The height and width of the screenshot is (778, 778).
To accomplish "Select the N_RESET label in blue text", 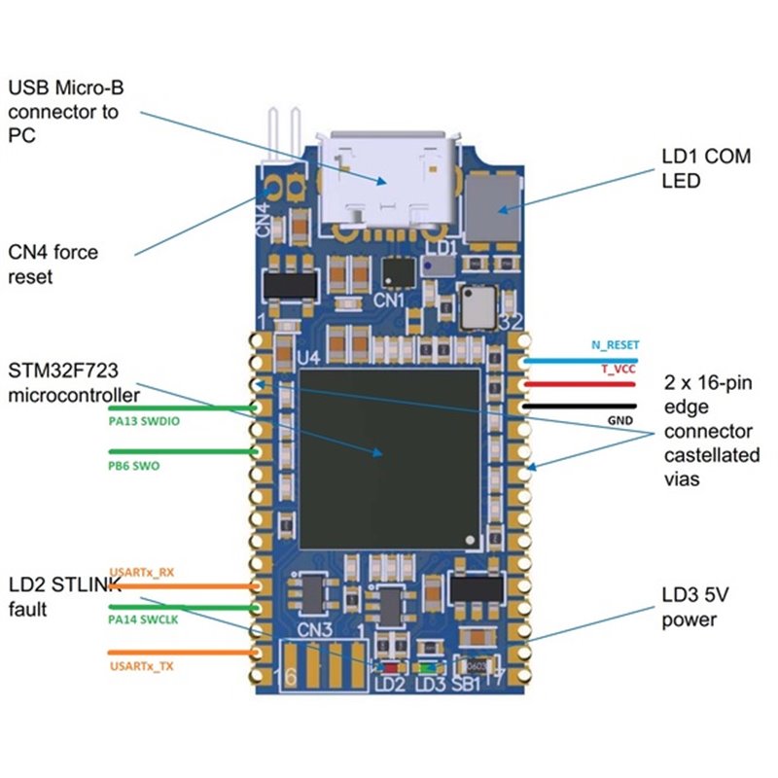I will (615, 345).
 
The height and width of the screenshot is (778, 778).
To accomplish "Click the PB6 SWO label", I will (134, 466).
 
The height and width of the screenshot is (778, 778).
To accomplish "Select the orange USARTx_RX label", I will (142, 572).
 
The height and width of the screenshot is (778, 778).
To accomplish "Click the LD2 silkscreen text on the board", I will (389, 685).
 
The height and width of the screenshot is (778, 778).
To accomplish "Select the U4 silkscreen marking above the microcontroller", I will (308, 358).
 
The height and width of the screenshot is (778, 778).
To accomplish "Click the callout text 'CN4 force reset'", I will (55, 264).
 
